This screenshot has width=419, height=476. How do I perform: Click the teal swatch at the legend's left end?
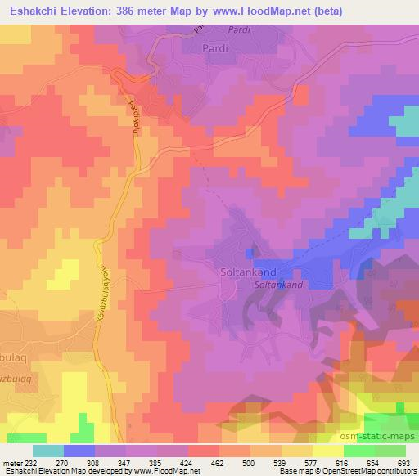(x=47, y=451)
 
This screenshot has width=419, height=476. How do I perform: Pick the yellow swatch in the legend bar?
(x=327, y=451)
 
